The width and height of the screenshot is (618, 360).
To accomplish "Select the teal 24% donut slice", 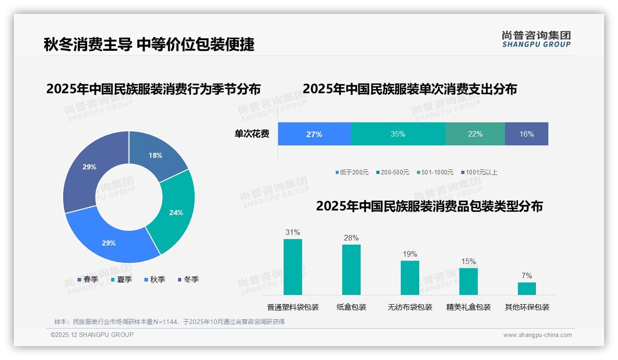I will click(175, 212).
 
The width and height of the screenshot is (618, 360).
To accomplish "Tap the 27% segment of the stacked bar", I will click(314, 134).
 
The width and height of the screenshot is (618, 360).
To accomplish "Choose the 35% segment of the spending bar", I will click(398, 134).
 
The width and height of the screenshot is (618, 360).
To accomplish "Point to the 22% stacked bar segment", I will click(475, 134).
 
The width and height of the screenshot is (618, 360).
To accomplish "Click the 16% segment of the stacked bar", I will click(526, 134).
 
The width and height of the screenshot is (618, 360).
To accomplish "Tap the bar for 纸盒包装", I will click(351, 270).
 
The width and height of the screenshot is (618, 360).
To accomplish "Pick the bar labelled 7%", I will click(527, 288).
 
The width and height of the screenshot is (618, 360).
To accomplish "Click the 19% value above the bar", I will click(410, 254).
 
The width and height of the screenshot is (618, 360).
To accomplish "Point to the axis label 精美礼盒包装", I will click(469, 307).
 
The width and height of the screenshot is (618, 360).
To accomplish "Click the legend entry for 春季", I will click(88, 279).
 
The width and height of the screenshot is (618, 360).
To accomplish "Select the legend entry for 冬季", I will click(188, 279).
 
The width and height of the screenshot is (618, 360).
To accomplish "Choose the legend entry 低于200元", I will click(352, 173).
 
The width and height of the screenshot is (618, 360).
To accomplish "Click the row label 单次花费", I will click(252, 134).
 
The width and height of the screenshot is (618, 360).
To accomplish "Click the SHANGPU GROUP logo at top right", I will click(536, 39).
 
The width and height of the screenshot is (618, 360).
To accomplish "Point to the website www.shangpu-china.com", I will click(537, 335).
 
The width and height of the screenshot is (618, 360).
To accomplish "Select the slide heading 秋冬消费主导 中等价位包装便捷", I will click(149, 45).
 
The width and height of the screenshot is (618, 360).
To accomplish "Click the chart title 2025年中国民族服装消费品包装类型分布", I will click(429, 206).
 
